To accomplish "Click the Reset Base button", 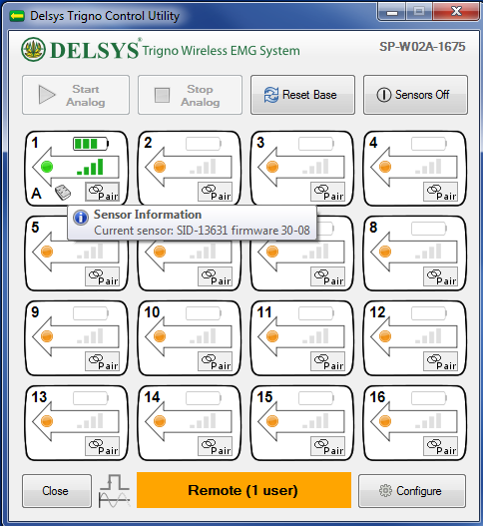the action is point(302,95).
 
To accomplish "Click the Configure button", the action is point(412,491).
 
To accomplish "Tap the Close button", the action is point(57,491).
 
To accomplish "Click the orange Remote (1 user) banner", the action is point(243,490).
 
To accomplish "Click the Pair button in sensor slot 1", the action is point(103,192).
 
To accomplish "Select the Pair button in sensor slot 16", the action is point(441,446).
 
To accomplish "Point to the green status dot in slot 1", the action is point(47,167).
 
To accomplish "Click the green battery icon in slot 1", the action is point(91,144).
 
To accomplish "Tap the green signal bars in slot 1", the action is point(90,167).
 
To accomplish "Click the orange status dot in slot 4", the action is point(385,167).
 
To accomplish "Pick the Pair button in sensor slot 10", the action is point(215,361).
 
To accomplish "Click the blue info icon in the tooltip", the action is point(81,218).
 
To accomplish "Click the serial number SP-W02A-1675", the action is point(422,47).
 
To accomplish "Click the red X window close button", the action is point(456,12).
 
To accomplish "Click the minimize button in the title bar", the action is point(392,12).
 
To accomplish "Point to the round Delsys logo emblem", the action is point(33,49).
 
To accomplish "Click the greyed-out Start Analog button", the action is point(76,95).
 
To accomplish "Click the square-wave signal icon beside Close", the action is point(114,491).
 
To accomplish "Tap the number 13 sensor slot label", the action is point(39,397).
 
